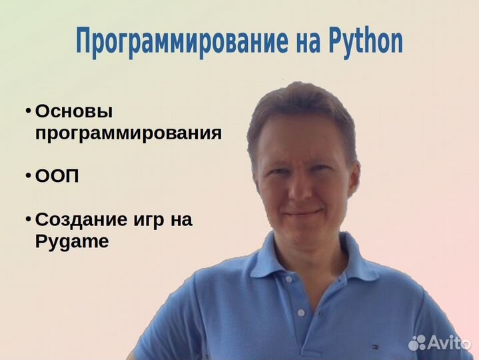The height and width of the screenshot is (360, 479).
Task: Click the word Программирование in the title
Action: (x=182, y=42)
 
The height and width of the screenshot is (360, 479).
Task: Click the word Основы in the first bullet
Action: (x=74, y=111)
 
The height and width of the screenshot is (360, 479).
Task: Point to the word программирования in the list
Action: (x=129, y=134)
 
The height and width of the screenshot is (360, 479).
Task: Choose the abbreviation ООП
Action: (x=57, y=176)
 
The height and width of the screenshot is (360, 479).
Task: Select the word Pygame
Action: (x=72, y=243)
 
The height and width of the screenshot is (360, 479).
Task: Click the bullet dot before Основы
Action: (x=28, y=111)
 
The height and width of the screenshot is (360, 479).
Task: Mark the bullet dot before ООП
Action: (x=28, y=176)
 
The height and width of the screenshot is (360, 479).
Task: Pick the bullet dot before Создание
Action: (x=28, y=219)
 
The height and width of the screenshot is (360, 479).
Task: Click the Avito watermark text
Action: (x=449, y=343)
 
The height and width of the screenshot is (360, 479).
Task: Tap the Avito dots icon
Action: (x=417, y=343)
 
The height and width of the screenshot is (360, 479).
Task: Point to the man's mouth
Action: (x=302, y=212)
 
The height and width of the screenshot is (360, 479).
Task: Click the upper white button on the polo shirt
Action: (x=288, y=279)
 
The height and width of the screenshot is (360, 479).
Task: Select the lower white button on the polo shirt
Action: (x=301, y=313)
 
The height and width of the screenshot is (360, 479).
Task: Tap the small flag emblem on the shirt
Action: (x=375, y=347)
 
